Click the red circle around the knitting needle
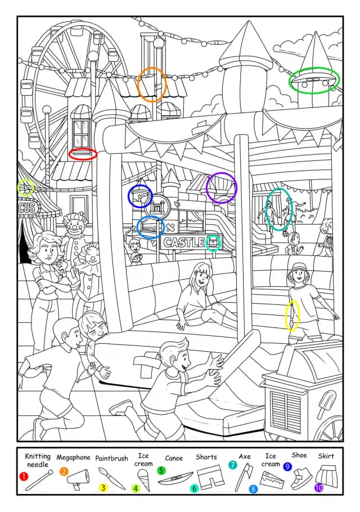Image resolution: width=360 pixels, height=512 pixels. (83, 149)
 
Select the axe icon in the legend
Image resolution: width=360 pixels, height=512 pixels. (244, 477)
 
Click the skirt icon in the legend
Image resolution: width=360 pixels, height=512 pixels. (326, 475)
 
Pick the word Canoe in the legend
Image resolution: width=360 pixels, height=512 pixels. (174, 458)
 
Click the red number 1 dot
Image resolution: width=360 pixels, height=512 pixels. (24, 477)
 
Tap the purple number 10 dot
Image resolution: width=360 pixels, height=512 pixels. (319, 487)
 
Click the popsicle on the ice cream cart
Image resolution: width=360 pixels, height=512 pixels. (325, 405)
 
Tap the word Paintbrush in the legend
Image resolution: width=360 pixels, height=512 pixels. (111, 458)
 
